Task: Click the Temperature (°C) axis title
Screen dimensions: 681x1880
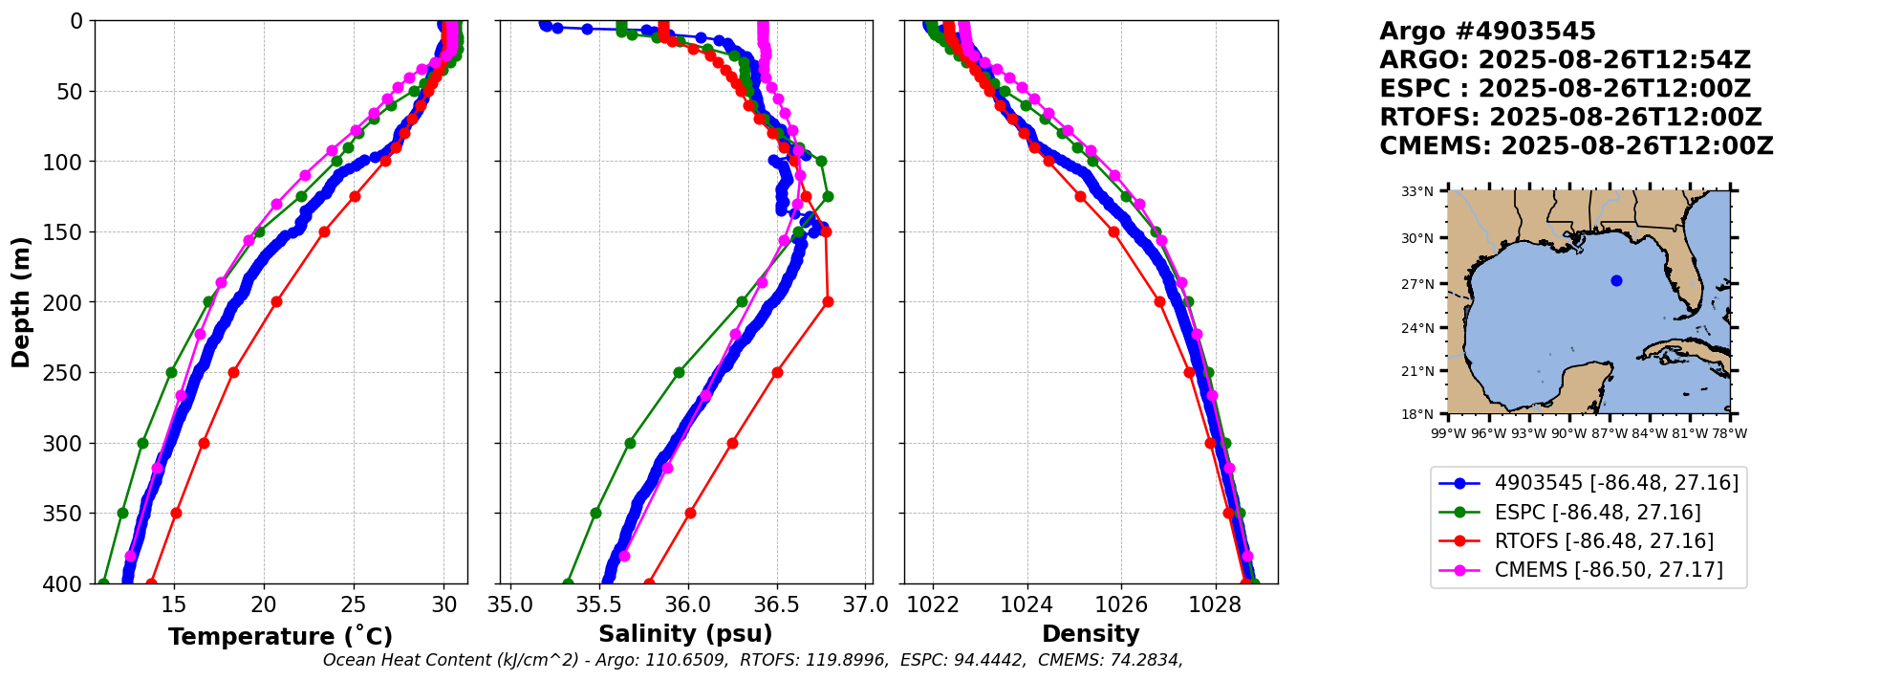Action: tap(280, 637)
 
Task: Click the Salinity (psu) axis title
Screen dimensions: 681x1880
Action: tap(685, 634)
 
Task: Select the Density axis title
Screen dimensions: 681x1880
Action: tap(1091, 634)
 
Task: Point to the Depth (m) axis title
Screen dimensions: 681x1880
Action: tap(21, 301)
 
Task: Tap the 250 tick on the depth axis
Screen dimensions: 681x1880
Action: tap(70, 372)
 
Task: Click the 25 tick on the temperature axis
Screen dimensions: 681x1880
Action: tap(354, 604)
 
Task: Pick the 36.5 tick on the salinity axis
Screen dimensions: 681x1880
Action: tap(777, 604)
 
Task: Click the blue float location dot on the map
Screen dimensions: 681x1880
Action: tap(1616, 280)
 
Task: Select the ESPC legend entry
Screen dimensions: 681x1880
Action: tap(1597, 513)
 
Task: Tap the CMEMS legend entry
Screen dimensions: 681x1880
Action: tap(1608, 570)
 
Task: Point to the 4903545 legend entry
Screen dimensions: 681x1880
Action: tap(1615, 483)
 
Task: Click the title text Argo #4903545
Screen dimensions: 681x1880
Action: tap(1487, 32)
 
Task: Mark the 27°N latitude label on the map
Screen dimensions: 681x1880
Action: tap(1417, 284)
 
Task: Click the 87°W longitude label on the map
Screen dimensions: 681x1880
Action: tap(1610, 433)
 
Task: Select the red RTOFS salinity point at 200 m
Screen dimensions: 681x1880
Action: tap(828, 301)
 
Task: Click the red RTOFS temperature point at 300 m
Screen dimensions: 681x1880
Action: tap(204, 443)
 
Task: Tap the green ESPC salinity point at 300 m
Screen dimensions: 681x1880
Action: tap(630, 443)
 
